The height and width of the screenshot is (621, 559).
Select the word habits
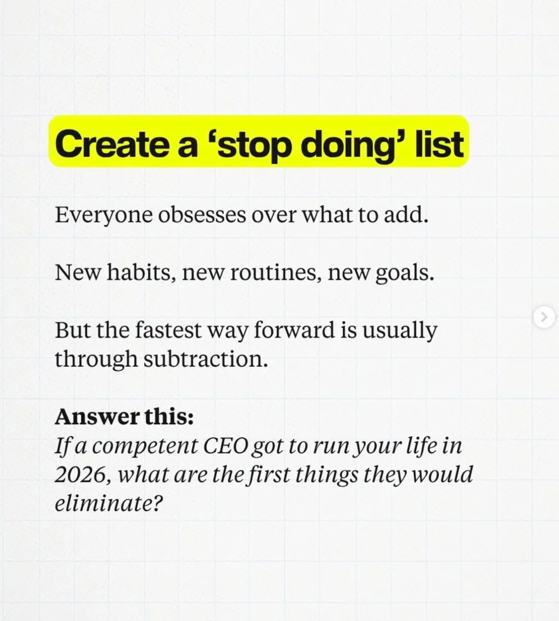coord(141,273)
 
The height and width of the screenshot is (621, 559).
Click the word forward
coord(294,330)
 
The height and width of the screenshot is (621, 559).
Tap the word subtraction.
coord(205,359)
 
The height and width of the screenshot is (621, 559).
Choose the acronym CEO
coord(226,446)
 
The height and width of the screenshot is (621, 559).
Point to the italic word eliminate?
coord(109,504)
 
